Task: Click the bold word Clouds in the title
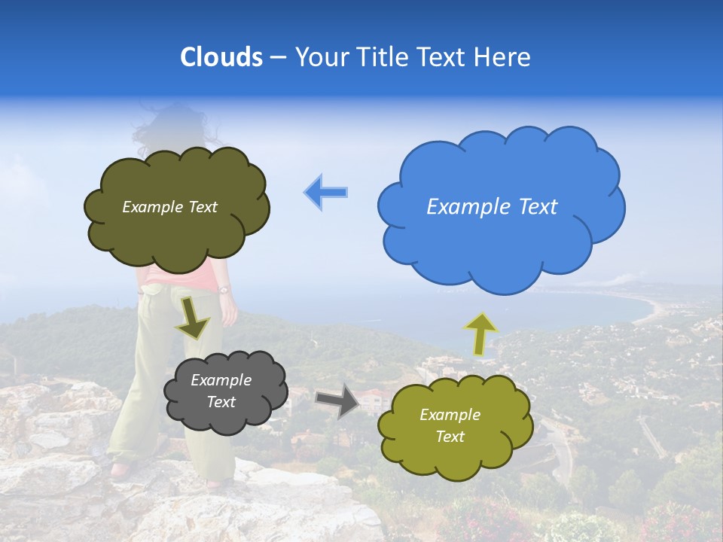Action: coord(221,56)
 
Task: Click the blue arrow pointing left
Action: coord(326,192)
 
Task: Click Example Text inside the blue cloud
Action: coord(492,206)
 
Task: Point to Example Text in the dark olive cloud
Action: coord(169,207)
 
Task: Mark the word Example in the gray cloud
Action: coord(221,380)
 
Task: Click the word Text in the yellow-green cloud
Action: coord(450,437)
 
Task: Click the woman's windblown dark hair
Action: coord(169,124)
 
